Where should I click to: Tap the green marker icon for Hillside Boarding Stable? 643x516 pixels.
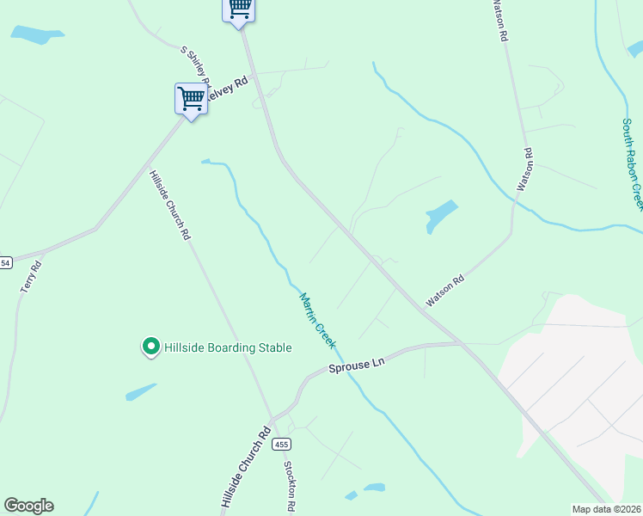(x=150, y=347)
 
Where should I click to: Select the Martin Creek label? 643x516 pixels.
(x=316, y=320)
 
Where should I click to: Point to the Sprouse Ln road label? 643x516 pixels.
(x=356, y=365)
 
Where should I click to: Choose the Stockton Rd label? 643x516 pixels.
(x=291, y=486)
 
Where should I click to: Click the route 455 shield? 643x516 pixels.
(x=282, y=444)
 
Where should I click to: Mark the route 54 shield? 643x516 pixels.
(x=6, y=262)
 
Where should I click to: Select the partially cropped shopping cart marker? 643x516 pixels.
(x=239, y=9)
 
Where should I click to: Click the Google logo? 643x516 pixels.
(x=28, y=506)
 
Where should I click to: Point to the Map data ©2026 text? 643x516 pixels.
(x=606, y=509)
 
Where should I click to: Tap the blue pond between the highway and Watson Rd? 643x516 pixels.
(x=441, y=215)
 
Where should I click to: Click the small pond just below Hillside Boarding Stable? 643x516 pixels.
(x=141, y=392)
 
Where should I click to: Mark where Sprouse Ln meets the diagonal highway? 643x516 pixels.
(x=462, y=344)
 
